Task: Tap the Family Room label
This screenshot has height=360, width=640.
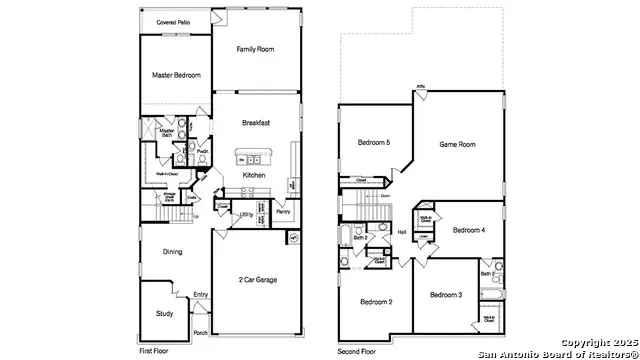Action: pyautogui.click(x=257, y=49)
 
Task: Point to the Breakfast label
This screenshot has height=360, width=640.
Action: pyautogui.click(x=257, y=123)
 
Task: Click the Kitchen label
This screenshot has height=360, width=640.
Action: pyautogui.click(x=254, y=175)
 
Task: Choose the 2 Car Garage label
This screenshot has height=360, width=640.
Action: pyautogui.click(x=257, y=279)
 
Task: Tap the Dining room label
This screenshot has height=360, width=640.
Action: pyautogui.click(x=173, y=252)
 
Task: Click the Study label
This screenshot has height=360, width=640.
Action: pyautogui.click(x=165, y=313)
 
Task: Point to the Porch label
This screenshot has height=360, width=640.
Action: pyautogui.click(x=200, y=333)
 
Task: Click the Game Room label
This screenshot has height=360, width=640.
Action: pyautogui.click(x=457, y=145)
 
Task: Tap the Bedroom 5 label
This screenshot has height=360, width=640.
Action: pyautogui.click(x=374, y=143)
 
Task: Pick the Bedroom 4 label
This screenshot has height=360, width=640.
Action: pyautogui.click(x=468, y=230)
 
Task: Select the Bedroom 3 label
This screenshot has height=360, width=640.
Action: pyautogui.click(x=446, y=295)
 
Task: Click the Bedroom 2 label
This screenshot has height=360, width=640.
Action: pyautogui.click(x=376, y=301)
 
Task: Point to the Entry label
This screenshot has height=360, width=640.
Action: pyautogui.click(x=201, y=294)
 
